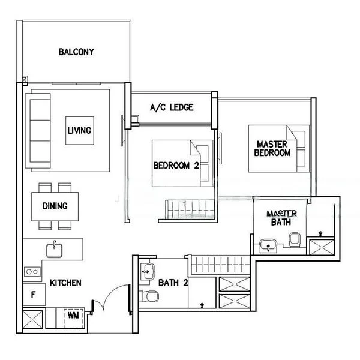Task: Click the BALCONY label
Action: pyautogui.click(x=76, y=52)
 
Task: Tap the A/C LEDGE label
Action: pyautogui.click(x=172, y=108)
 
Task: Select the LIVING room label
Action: pyautogui.click(x=79, y=130)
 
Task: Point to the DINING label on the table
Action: pyautogui.click(x=55, y=206)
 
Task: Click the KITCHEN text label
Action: pyautogui.click(x=65, y=283)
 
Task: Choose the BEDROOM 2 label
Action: pyautogui.click(x=175, y=166)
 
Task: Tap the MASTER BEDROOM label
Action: pyautogui.click(x=273, y=149)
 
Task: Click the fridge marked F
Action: pyautogui.click(x=32, y=295)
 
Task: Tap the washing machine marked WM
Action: pyautogui.click(x=73, y=315)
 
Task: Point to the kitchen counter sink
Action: pyautogui.click(x=55, y=248)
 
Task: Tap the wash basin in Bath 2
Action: pyautogui.click(x=147, y=271)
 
